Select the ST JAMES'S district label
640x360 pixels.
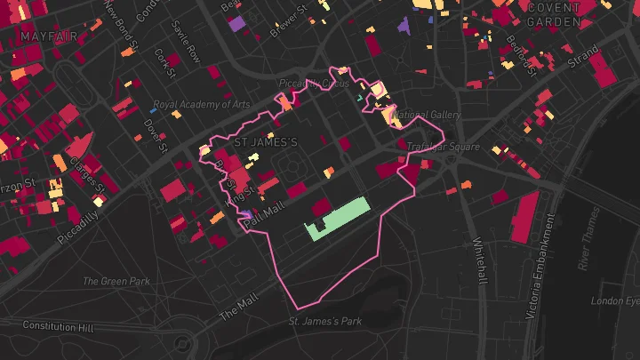(265, 141)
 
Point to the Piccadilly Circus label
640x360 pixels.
(308, 83)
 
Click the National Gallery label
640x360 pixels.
(427, 115)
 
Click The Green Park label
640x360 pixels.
(116, 282)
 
